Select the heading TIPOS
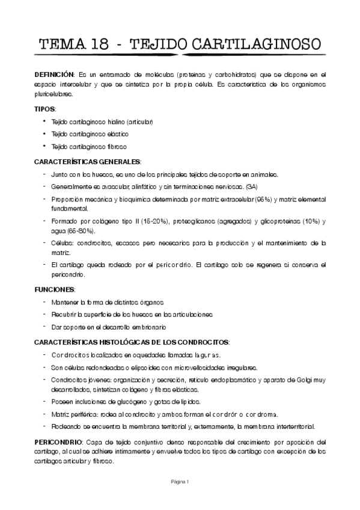click(x=44, y=109)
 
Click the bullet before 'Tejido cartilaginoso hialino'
click(x=44, y=121)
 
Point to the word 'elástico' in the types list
click(x=118, y=134)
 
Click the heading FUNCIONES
click(x=54, y=289)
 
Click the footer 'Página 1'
click(x=179, y=481)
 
